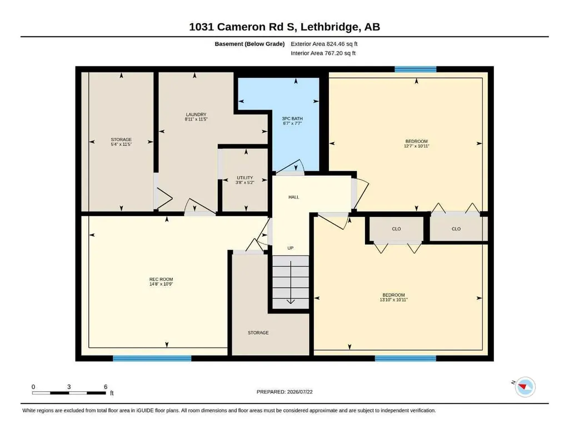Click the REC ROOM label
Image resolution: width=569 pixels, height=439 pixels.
click(x=161, y=279)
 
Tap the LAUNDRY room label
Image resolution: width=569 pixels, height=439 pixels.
click(x=196, y=114)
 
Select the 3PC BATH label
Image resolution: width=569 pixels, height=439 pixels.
click(x=292, y=118)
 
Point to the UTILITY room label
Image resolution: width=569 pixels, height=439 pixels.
click(x=245, y=178)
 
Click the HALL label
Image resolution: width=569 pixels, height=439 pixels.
click(x=294, y=197)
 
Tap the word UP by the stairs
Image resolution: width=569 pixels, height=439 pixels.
click(x=290, y=248)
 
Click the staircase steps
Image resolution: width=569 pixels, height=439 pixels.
click(x=291, y=282)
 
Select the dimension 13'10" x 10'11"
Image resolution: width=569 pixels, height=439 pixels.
click(x=394, y=300)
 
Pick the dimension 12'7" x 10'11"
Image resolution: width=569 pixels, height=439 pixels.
click(x=417, y=146)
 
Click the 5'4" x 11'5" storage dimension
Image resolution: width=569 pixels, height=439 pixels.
click(x=121, y=144)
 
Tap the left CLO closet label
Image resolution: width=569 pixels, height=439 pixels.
click(x=397, y=229)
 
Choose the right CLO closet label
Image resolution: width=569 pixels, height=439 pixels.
click(x=456, y=229)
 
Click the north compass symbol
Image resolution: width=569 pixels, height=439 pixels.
click(x=525, y=387)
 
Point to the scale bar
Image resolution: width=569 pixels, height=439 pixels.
click(x=69, y=393)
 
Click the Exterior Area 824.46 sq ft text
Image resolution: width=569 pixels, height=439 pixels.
click(x=324, y=44)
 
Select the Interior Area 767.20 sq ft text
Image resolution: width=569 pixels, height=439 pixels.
click(x=323, y=53)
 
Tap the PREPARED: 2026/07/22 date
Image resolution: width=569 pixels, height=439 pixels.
click(x=284, y=392)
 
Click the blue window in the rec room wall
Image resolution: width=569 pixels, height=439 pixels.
click(x=152, y=358)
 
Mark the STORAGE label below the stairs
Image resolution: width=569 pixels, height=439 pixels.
click(x=258, y=333)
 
